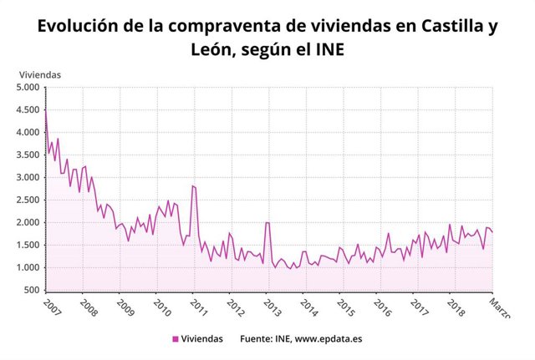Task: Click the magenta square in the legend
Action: tap(175, 338)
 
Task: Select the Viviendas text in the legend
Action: tap(202, 338)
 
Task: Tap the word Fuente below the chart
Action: tap(257, 338)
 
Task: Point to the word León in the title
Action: tap(213, 51)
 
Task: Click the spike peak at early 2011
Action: tap(193, 185)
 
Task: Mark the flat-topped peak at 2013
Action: tap(267, 222)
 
